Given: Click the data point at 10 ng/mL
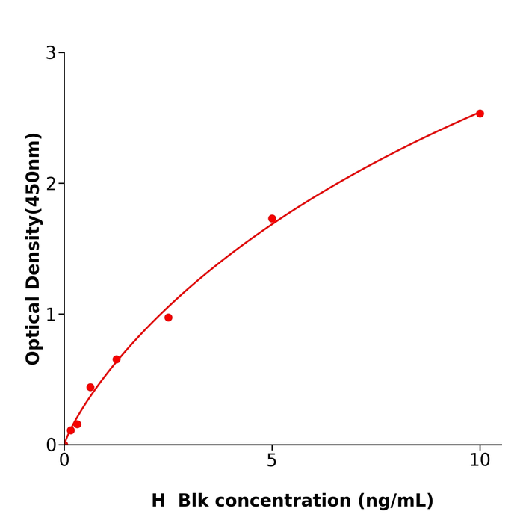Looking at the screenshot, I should tap(480, 114).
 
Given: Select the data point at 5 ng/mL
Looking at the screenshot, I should tap(272, 219).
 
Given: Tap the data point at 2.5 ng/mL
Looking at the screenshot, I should tap(168, 318).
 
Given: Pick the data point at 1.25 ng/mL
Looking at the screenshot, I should tap(117, 359).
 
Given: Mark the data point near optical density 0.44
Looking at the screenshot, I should tap(90, 387).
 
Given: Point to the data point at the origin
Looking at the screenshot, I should tap(64, 444).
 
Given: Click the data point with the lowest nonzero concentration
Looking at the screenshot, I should tap(71, 430).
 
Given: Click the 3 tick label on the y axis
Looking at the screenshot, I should tap(51, 53).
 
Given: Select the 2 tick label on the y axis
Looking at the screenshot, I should tap(51, 184).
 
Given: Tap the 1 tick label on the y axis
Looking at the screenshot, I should tap(51, 315).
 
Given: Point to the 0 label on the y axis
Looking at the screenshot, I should tap(51, 445).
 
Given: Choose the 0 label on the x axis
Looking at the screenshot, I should tap(64, 461).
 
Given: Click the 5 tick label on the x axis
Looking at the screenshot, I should tap(272, 461).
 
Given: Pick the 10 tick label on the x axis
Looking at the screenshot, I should tap(480, 461).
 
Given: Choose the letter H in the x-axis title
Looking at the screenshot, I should tap(158, 501).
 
